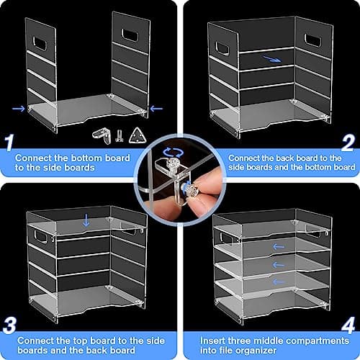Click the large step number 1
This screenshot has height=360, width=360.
click(x=9, y=143)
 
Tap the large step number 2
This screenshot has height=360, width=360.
click(x=348, y=143)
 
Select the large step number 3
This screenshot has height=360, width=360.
click(x=9, y=325)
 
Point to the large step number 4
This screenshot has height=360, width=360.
click(x=348, y=325)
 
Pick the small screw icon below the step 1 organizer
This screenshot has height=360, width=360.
click(x=119, y=136)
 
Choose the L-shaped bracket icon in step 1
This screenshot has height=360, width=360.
click(x=102, y=136)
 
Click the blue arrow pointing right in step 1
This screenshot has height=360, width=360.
click(x=19, y=109)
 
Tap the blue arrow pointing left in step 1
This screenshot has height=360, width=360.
click(x=156, y=109)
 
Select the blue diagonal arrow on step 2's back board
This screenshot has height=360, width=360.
click(x=272, y=59)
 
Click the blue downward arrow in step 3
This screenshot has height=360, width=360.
click(x=86, y=220)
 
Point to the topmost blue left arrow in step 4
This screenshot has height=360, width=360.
click(x=279, y=246)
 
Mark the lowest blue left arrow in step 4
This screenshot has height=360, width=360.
click(x=279, y=282)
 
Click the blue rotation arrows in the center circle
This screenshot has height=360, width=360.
click(x=173, y=153)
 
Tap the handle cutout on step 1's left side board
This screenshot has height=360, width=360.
click(x=40, y=43)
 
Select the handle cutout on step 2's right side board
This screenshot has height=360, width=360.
click(x=313, y=40)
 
